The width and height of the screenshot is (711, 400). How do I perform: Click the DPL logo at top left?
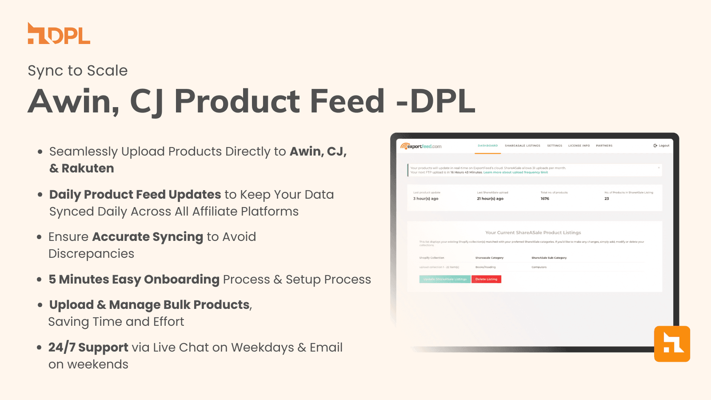point(59,34)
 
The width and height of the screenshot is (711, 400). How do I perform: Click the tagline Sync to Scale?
point(78,71)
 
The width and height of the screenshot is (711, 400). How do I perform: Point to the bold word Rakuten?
point(88,168)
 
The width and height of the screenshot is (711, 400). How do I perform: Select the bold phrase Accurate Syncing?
point(148,237)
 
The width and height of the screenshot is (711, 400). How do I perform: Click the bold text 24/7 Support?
point(88,348)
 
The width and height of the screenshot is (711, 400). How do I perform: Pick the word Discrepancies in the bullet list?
point(91,254)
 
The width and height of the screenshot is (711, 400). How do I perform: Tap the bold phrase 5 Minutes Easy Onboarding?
point(134,280)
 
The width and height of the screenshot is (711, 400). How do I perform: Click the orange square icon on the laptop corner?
point(672,344)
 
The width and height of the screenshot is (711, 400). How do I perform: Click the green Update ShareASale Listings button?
point(445,279)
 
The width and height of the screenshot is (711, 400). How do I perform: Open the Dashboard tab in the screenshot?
point(487,146)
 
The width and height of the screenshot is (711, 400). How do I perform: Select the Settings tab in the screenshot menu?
point(555,146)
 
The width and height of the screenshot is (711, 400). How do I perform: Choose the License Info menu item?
point(579,146)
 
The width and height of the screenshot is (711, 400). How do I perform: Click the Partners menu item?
point(604,146)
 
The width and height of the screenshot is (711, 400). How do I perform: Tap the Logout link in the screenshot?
point(662,146)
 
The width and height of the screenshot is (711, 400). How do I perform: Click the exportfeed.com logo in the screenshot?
point(421,146)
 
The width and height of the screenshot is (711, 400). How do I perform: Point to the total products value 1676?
point(545,199)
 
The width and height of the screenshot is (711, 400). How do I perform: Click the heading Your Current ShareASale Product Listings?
point(533,232)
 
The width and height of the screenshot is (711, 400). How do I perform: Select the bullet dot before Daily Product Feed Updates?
point(40,195)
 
